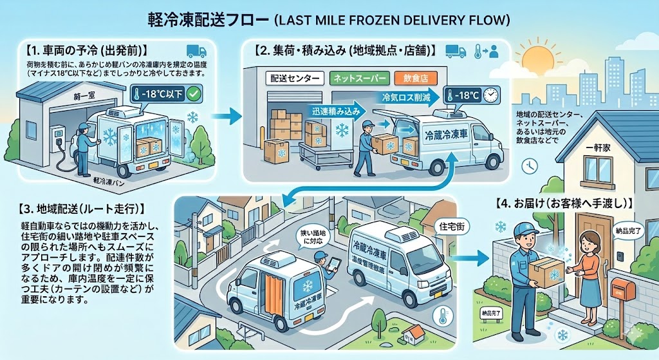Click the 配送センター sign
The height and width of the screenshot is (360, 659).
point(295,79)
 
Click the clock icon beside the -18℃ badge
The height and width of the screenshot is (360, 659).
point(490,95)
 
